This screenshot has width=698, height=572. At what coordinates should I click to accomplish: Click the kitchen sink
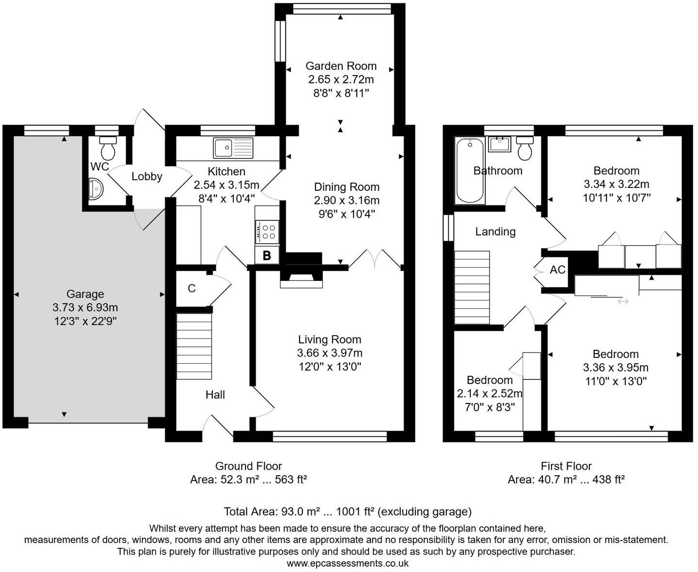[233, 148]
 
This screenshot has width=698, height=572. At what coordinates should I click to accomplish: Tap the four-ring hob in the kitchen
[267, 232]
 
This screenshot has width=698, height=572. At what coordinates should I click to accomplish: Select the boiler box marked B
[267, 255]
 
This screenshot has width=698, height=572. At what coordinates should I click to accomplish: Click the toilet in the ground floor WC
[108, 148]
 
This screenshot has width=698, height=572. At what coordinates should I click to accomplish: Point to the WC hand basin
[96, 189]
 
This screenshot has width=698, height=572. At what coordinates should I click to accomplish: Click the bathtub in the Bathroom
[470, 170]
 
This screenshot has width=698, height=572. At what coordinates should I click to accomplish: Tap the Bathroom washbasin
[500, 144]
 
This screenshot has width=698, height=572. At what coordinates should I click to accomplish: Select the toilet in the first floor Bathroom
[525, 149]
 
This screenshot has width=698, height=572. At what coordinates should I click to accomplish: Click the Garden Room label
[341, 66]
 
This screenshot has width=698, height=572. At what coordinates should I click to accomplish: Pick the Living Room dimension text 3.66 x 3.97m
[330, 353]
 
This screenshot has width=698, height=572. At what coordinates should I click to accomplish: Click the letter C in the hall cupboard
[191, 288]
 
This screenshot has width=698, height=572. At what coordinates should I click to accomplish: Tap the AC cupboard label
[557, 270]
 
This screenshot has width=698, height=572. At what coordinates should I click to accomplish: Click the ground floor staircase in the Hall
[194, 346]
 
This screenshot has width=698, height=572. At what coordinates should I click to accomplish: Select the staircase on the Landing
[472, 288]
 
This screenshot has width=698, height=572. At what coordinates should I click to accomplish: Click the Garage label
[85, 294]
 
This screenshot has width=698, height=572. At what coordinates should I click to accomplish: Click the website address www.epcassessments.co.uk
[348, 563]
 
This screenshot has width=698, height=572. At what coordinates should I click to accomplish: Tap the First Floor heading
[566, 466]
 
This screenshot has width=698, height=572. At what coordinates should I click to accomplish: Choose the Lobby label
[147, 177]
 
